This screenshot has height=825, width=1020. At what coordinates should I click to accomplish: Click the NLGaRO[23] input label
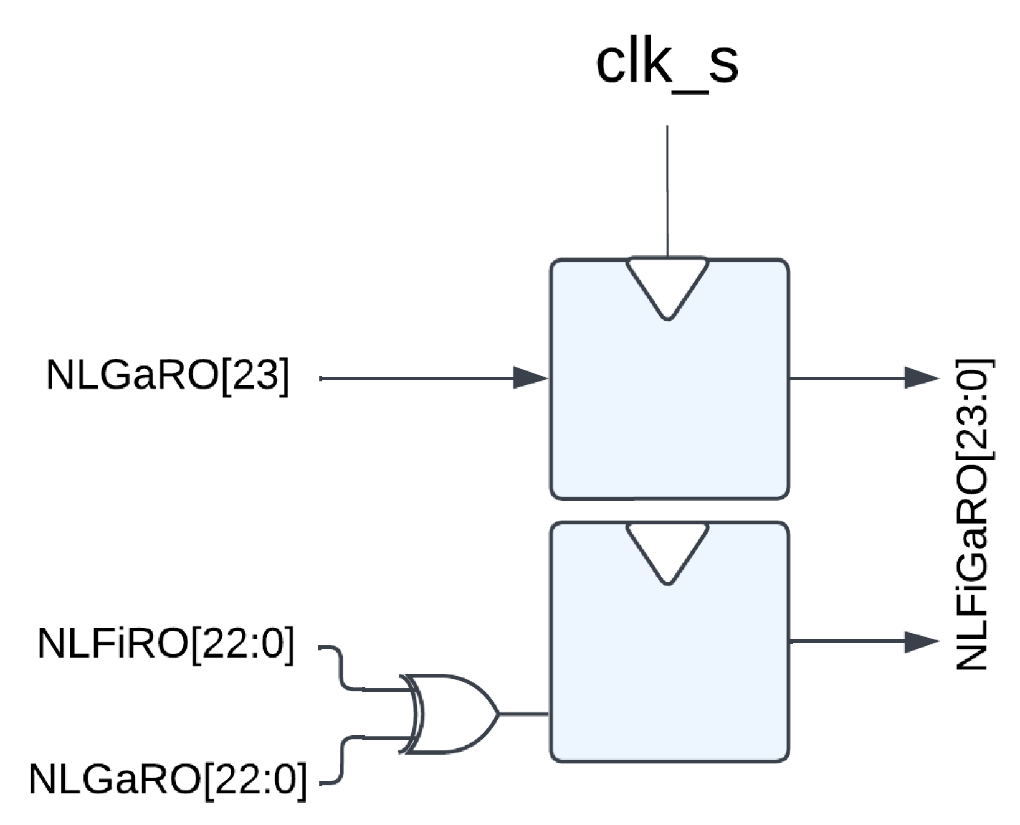pyautogui.click(x=168, y=376)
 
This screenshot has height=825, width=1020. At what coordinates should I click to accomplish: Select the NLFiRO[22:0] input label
pyautogui.click(x=166, y=644)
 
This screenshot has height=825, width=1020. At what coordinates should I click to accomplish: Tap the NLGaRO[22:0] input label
pyautogui.click(x=168, y=779)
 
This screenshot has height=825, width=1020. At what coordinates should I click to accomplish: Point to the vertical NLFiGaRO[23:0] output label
pyautogui.click(x=973, y=514)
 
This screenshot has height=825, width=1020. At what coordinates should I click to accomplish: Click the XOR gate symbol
pyautogui.click(x=452, y=714)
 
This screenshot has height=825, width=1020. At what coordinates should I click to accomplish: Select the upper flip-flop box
pyautogui.click(x=669, y=405)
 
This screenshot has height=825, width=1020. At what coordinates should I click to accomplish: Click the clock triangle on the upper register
pyautogui.click(x=667, y=283)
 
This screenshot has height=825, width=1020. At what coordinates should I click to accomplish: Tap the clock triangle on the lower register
pyautogui.click(x=667, y=548)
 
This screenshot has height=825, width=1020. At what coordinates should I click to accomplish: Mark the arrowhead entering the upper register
pyautogui.click(x=530, y=377)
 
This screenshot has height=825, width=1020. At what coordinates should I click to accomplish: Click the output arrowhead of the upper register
pyautogui.click(x=921, y=377)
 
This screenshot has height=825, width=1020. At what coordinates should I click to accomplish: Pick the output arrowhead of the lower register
pyautogui.click(x=921, y=641)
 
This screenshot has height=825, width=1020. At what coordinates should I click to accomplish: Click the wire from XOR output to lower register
pyautogui.click(x=523, y=714)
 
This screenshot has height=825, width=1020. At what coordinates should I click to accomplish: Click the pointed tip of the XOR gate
pyautogui.click(x=497, y=714)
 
